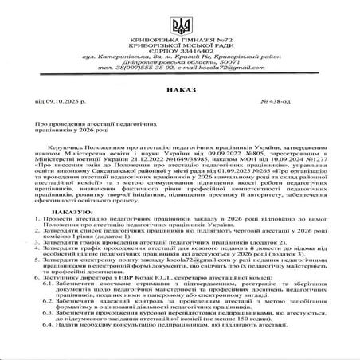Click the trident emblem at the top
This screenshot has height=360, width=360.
tap(180, 17)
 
